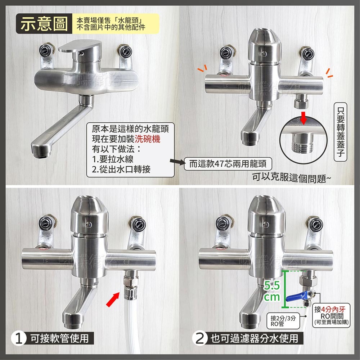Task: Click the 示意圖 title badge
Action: click(x=44, y=24)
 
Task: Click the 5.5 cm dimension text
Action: click(x=271, y=292)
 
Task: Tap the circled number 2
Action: click(x=199, y=339)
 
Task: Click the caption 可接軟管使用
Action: click(x=59, y=338)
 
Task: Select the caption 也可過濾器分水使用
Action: click(x=254, y=338)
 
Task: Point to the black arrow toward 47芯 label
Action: click(x=177, y=164)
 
